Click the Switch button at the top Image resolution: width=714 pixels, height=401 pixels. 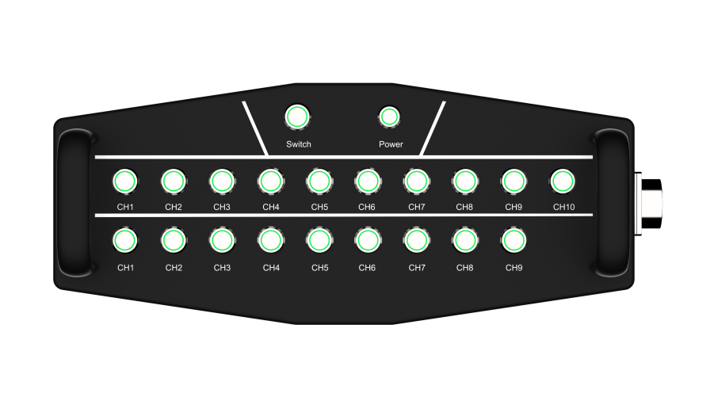(x=297, y=117)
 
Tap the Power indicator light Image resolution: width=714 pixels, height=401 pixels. (x=389, y=117)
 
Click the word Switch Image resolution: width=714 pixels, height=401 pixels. (x=299, y=144)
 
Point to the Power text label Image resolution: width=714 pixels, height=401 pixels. (x=391, y=144)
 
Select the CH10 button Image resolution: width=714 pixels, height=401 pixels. (x=563, y=181)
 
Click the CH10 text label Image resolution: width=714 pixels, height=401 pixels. (x=563, y=207)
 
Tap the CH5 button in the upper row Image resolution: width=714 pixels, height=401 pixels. (x=319, y=181)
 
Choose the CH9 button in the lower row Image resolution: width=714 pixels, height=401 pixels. (x=514, y=240)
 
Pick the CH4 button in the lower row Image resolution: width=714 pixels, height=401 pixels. (x=271, y=240)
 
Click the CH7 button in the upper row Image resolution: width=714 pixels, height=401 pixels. (x=417, y=181)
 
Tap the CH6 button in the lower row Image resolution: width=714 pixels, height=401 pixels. (x=368, y=240)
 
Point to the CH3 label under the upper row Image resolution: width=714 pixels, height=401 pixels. (x=222, y=207)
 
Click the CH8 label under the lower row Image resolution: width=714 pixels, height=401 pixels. (x=465, y=268)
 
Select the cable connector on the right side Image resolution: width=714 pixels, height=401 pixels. (x=649, y=204)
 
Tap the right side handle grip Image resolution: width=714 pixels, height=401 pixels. (x=613, y=203)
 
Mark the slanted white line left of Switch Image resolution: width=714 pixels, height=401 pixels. (x=255, y=128)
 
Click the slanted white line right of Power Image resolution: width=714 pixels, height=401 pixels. (x=433, y=128)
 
